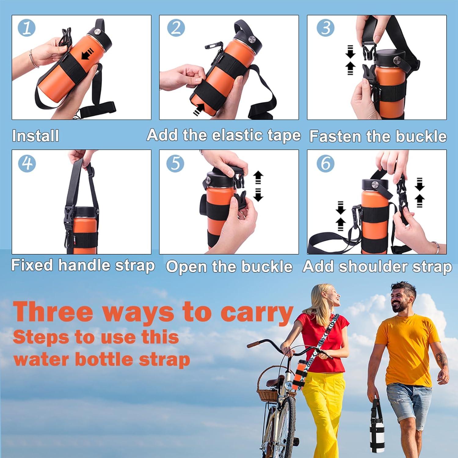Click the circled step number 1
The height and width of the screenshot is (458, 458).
click(27, 28)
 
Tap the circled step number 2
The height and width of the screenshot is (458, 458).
click(176, 28)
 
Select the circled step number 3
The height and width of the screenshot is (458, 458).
click(326, 28)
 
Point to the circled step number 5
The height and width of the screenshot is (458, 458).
click(175, 163)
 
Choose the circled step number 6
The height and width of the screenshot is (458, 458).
click(325, 163)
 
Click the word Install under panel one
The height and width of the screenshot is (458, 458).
click(35, 136)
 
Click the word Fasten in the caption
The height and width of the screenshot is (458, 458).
click(336, 136)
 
